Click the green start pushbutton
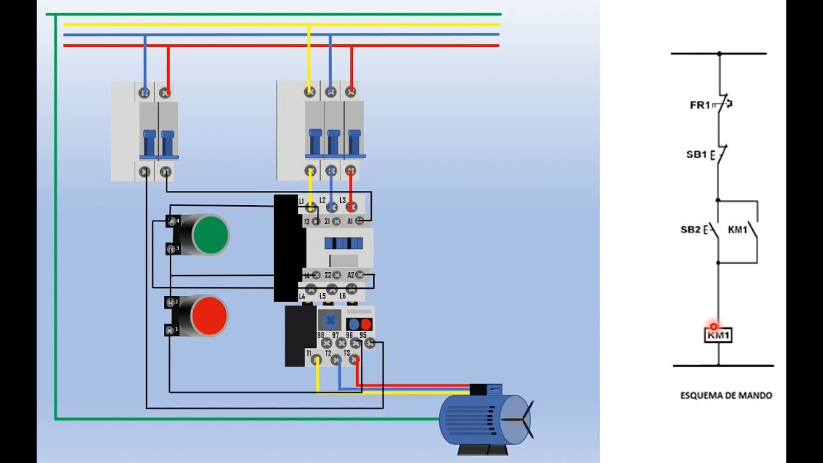pyautogui.click(x=210, y=234)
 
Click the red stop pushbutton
pyautogui.click(x=209, y=316)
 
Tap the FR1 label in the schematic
pyautogui.click(x=700, y=105)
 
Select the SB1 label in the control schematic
pyautogui.click(x=696, y=155)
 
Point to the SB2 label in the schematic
pyautogui.click(x=691, y=230)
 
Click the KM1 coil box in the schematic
pyautogui.click(x=718, y=335)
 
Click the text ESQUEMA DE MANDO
pyautogui.click(x=726, y=395)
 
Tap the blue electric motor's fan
pyautogui.click(x=518, y=419)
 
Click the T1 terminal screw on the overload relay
pyautogui.click(x=316, y=360)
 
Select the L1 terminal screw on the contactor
pyautogui.click(x=311, y=207)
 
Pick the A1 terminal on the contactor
pyautogui.click(x=360, y=221)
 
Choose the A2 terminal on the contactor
pyautogui.click(x=360, y=275)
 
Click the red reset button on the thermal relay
pyautogui.click(x=366, y=324)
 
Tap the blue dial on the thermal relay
pyautogui.click(x=330, y=320)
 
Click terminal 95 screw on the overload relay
pyautogui.click(x=370, y=344)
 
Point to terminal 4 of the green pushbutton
pyautogui.click(x=172, y=221)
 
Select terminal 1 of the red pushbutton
pyautogui.click(x=170, y=330)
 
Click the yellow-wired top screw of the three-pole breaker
pyautogui.click(x=310, y=92)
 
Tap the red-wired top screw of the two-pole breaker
pyautogui.click(x=166, y=93)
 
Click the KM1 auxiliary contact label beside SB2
pyautogui.click(x=737, y=230)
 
